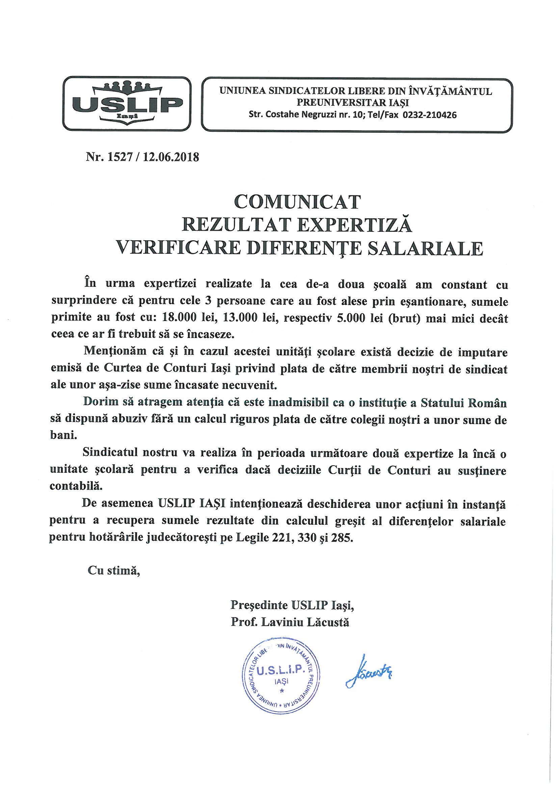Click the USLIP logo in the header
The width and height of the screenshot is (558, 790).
[x=127, y=103]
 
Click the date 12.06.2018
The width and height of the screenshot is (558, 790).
[x=171, y=157]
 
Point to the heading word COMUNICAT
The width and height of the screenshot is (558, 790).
[x=297, y=202]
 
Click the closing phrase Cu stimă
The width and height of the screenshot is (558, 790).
[x=114, y=571]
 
